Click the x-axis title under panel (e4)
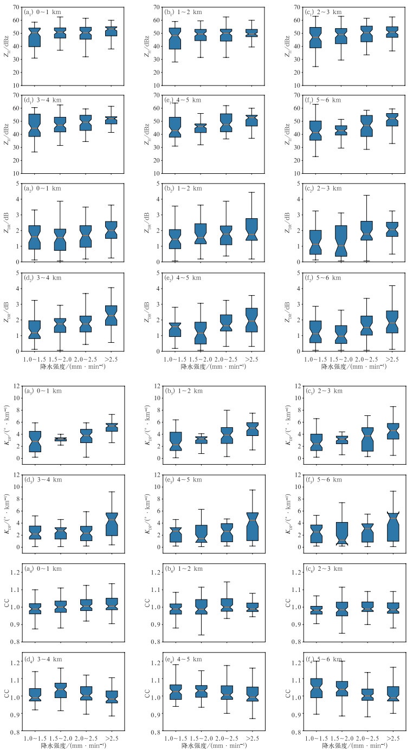tap(209, 746)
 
